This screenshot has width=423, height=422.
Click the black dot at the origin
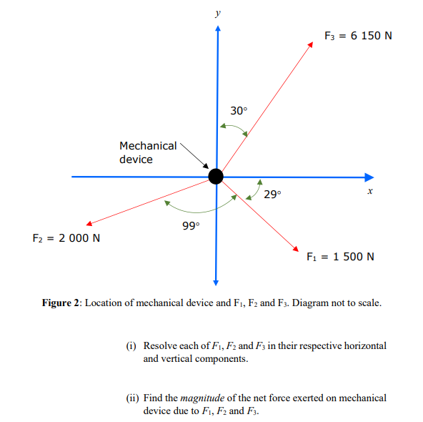[215, 176]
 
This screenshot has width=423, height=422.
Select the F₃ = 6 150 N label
[357, 36]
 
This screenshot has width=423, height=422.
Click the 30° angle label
[239, 111]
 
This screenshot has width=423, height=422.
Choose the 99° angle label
[191, 225]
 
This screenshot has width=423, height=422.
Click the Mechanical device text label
[148, 152]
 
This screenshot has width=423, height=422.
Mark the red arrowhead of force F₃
[311, 45]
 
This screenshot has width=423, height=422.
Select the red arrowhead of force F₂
[87, 222]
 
